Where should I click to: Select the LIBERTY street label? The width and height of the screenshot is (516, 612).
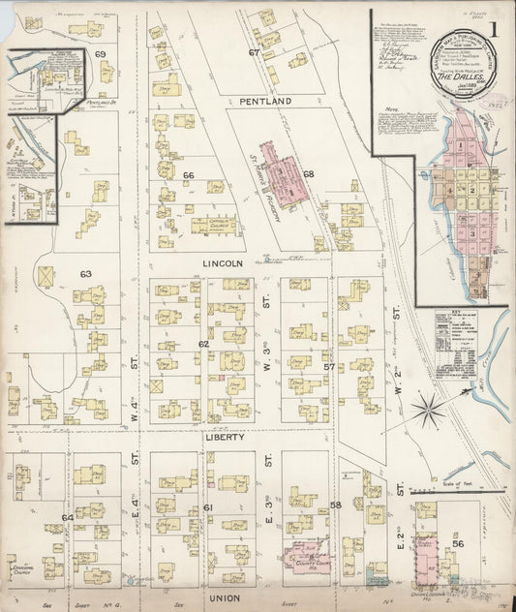click(223, 437)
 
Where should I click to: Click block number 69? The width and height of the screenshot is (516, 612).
click(100, 54)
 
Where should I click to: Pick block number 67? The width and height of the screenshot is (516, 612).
click(254, 52)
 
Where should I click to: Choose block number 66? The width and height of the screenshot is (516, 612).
click(189, 175)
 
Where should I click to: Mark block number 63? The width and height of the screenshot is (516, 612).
click(86, 274)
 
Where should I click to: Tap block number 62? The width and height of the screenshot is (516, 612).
click(203, 344)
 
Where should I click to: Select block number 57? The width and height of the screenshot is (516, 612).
click(329, 366)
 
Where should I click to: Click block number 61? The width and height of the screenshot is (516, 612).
click(207, 507)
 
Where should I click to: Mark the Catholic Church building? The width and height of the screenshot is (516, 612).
click(217, 226)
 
